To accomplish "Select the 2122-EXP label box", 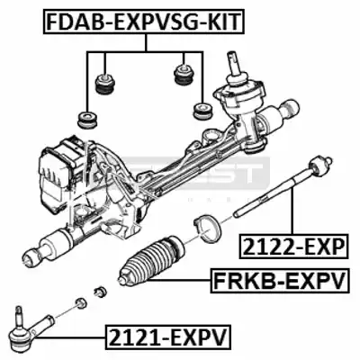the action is (x=294, y=246).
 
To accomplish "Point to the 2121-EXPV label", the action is (x=167, y=337).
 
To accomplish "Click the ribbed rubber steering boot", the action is (x=150, y=260).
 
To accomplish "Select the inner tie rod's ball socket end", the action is (x=318, y=166).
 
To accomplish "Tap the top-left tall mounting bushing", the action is (x=105, y=84).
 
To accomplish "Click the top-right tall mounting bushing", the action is (x=184, y=76).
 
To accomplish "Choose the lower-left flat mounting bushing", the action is (x=86, y=120).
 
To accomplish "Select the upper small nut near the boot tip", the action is (x=99, y=291).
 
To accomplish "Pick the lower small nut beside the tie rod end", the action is (x=80, y=303).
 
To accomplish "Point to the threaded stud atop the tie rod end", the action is (x=19, y=313).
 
